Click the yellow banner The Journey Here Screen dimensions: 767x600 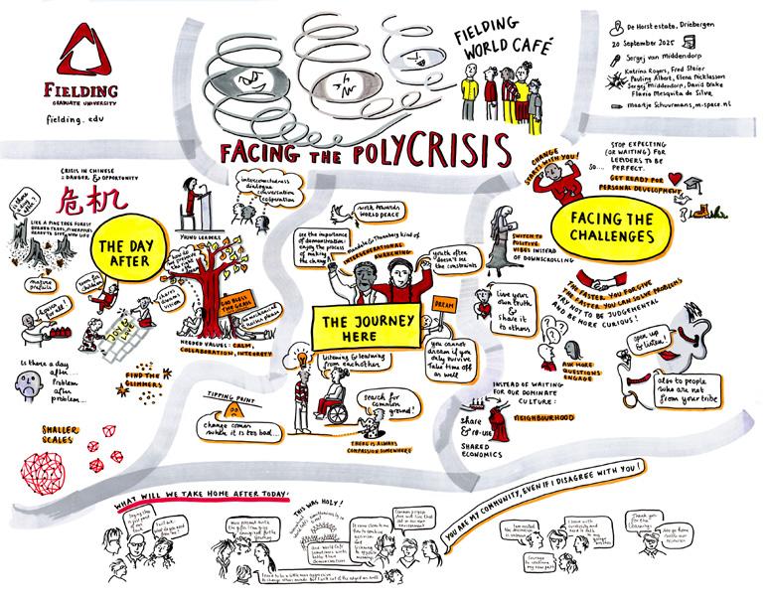pyautogui.click(x=371, y=322)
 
